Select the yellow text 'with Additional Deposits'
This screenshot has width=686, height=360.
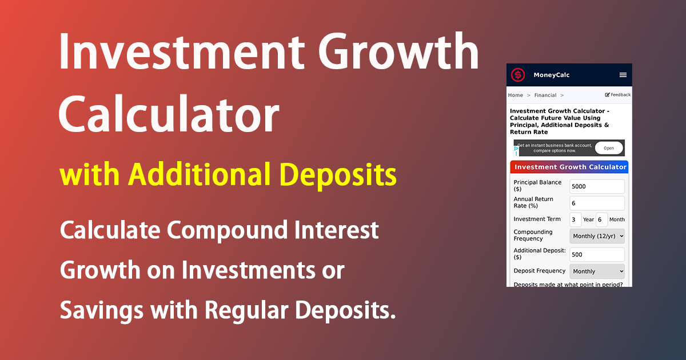(x=228, y=174)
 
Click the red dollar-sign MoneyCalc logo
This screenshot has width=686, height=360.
(x=518, y=75)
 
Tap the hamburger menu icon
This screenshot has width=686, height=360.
(x=623, y=75)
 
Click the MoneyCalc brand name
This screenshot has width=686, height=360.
(x=551, y=75)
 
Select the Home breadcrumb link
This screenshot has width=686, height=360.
(x=515, y=95)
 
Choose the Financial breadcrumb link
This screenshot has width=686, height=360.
(x=545, y=95)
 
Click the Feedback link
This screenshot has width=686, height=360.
(x=618, y=95)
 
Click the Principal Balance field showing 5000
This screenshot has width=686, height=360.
(x=597, y=186)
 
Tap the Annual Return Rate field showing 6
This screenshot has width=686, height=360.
(x=597, y=203)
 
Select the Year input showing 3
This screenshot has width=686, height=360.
(x=575, y=219)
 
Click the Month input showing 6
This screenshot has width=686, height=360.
(x=601, y=219)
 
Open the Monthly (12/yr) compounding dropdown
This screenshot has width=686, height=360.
(x=597, y=236)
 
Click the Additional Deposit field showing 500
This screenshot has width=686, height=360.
(x=597, y=255)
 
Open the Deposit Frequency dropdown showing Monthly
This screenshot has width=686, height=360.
(x=597, y=271)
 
